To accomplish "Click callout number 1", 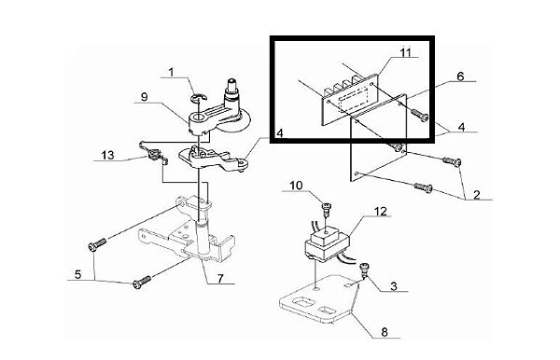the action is click(x=171, y=73).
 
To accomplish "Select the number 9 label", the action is click(x=145, y=97).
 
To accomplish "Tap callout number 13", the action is click(x=107, y=155).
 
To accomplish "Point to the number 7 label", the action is click(x=220, y=278).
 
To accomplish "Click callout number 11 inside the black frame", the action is click(x=405, y=53).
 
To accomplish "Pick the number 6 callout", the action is click(x=460, y=76).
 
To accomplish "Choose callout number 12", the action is click(x=381, y=211).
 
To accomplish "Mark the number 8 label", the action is click(x=385, y=333).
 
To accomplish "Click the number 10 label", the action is click(x=296, y=186).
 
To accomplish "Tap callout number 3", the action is click(x=394, y=286).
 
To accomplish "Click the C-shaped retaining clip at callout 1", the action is click(x=198, y=97).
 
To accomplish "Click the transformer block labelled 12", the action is click(x=327, y=245).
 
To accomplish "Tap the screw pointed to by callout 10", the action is click(x=326, y=208).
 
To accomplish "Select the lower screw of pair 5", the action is click(x=142, y=283).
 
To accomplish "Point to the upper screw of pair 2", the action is click(x=452, y=161).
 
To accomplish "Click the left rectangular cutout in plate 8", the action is click(x=304, y=304).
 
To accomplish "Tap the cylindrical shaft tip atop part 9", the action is click(x=232, y=87).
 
